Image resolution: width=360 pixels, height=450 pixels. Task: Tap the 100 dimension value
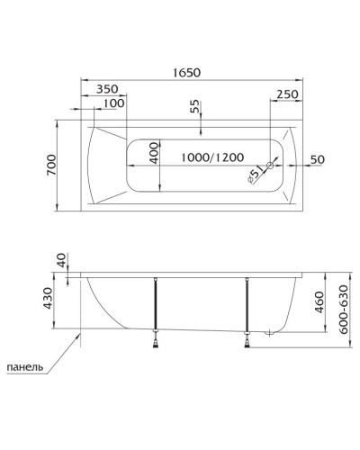pos(113,103)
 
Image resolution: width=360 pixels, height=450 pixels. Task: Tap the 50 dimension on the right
pos(316,159)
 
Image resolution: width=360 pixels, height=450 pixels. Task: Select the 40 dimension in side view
pos(60,261)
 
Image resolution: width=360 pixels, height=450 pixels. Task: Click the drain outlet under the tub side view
pos(268,333)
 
